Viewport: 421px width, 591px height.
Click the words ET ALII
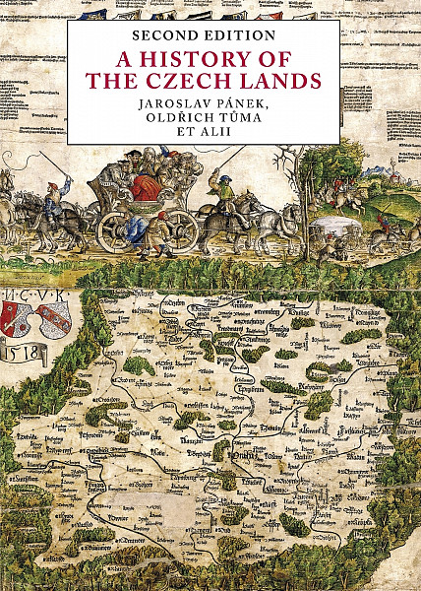click(x=204, y=149)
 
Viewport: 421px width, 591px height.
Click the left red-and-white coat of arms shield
click(x=21, y=317)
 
